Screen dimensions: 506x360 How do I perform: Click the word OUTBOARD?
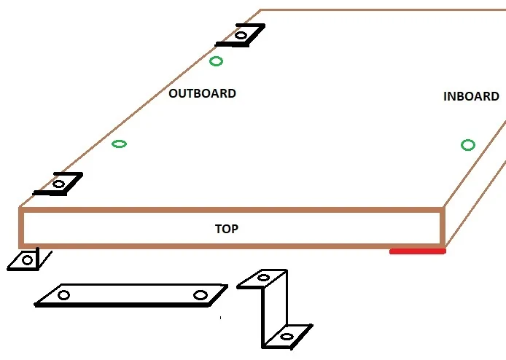[x=203, y=93]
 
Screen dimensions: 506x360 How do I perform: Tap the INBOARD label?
[x=471, y=96]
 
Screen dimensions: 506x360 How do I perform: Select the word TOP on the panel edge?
[x=227, y=229]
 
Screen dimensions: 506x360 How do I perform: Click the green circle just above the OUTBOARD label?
[x=216, y=61]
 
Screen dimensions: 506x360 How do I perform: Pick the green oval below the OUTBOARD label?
[x=119, y=144]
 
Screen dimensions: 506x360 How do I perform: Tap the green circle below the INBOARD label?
[x=468, y=145]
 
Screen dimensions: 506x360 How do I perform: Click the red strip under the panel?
[x=418, y=251]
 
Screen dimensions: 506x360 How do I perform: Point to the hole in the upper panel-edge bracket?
[x=241, y=35]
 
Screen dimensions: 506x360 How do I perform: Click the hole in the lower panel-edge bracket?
[x=58, y=184]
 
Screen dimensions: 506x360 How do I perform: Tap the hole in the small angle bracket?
[x=27, y=260]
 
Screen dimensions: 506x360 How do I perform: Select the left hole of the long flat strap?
[x=63, y=295]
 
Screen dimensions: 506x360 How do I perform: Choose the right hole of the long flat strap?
[x=201, y=295]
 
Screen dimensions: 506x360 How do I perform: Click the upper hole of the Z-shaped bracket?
[x=263, y=278]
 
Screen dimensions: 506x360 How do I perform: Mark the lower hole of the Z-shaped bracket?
[x=287, y=337]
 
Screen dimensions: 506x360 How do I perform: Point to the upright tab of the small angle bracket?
[x=37, y=258]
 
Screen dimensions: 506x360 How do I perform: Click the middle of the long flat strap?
[x=131, y=295]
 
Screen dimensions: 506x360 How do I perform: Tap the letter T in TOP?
[x=219, y=229]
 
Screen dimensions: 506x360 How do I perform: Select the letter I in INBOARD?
[x=445, y=96]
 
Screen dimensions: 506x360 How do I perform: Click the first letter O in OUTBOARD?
[x=173, y=93]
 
